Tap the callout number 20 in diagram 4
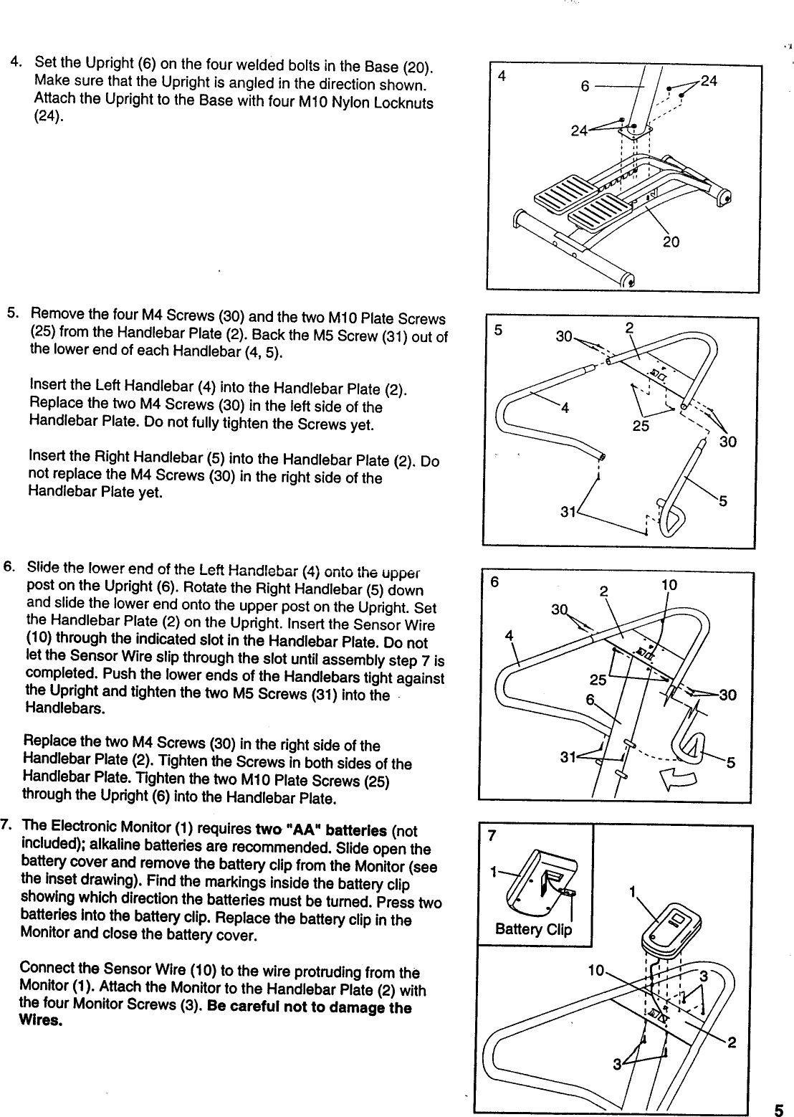tap(671, 242)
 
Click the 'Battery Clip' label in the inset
tap(534, 930)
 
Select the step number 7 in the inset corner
tap(491, 837)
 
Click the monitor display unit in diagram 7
tap(674, 931)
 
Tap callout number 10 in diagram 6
tap(669, 585)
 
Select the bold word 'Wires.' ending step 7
tap(42, 1021)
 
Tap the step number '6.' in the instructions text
tap(10, 566)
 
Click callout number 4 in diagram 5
tap(565, 409)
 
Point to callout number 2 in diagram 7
tap(732, 1043)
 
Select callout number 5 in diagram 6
tap(730, 764)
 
